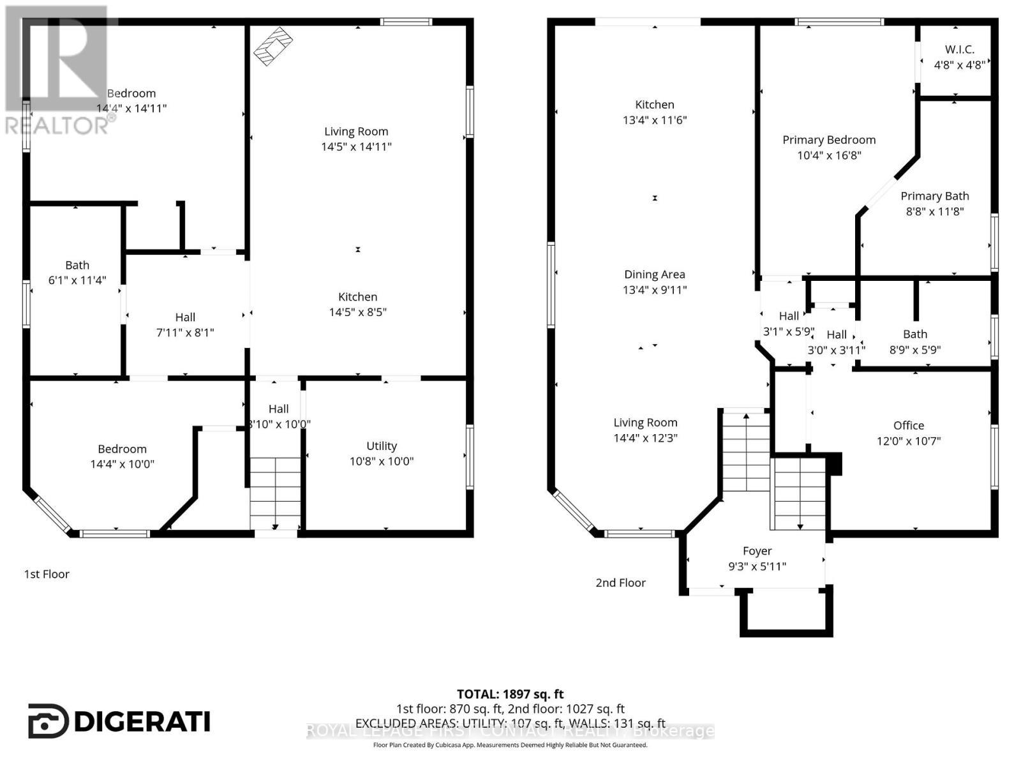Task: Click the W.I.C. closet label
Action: coord(959,50)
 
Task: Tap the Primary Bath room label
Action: coord(934,196)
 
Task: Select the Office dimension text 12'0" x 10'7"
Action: coord(909,441)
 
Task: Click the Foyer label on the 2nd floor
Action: coord(757,551)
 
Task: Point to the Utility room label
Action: coord(382,446)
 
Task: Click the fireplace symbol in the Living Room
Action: coord(273,46)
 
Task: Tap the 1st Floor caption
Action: coord(47,574)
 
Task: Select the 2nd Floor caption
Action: coord(620,583)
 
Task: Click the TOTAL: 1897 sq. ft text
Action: coord(510,694)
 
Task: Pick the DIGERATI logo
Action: coord(119,721)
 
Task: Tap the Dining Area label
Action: coord(655,274)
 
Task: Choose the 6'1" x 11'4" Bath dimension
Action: coord(77,280)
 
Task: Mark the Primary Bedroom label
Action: coord(829,140)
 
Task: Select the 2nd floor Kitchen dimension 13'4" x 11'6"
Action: coord(655,120)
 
